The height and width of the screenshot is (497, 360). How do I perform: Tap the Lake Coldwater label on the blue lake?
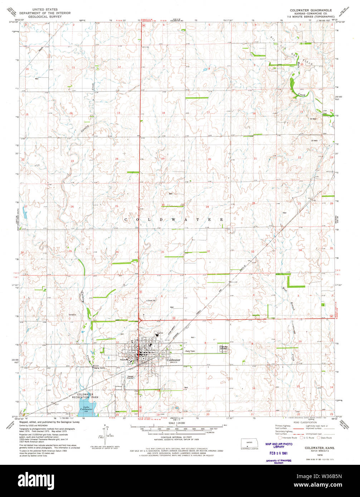coord(86,408)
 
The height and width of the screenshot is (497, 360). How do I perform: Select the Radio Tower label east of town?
coord(192,351)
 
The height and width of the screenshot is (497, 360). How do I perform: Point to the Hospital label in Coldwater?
coord(124,359)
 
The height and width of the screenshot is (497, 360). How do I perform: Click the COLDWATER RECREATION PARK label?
coord(83,395)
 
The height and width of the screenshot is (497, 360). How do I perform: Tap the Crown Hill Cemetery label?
coord(224,347)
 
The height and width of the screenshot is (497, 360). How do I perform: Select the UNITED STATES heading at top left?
coord(45,10)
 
